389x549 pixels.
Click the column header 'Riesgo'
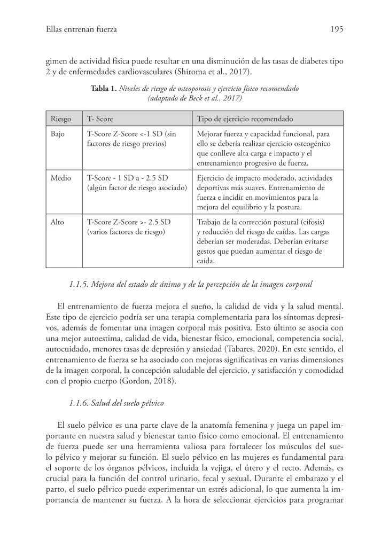coord(61,119)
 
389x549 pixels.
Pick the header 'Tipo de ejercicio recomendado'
coord(245,119)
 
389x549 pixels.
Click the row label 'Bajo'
coord(58,134)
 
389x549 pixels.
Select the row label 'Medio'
coord(60,178)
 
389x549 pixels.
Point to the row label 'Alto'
coord(57,222)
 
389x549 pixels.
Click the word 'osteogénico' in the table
coord(312,144)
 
